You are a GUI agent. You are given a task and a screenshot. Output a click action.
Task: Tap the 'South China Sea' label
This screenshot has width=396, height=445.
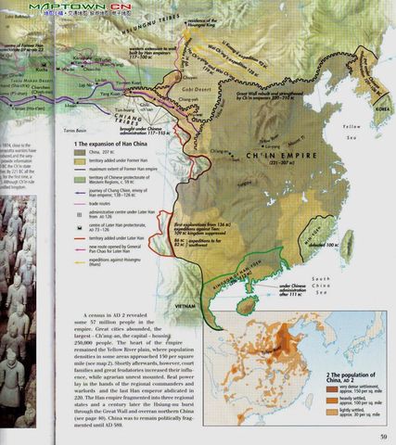coord(324,283)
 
